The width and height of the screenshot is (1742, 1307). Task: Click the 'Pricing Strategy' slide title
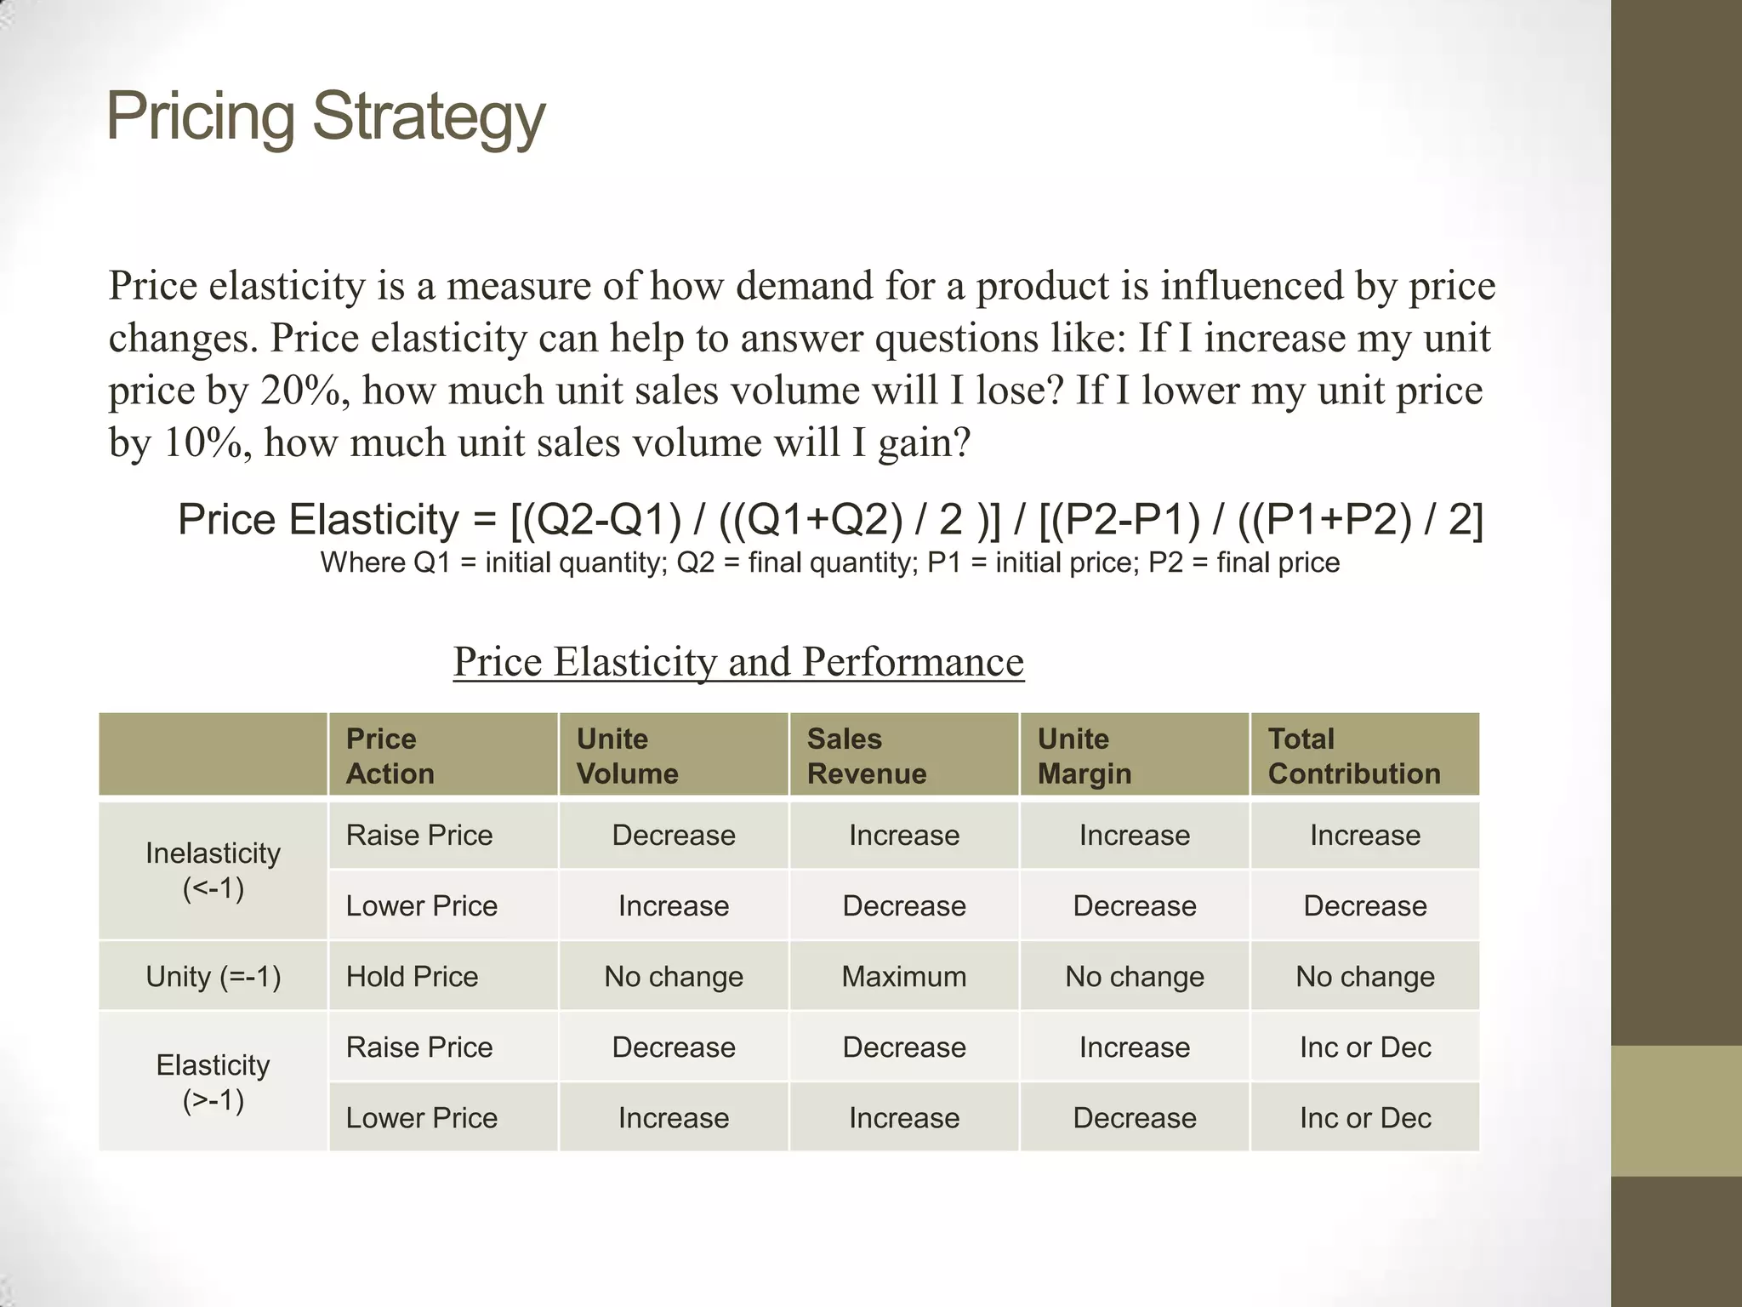[x=325, y=117]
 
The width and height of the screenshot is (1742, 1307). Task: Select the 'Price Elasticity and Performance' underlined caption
[x=738, y=661]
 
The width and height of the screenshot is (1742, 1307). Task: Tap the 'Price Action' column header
[x=390, y=756]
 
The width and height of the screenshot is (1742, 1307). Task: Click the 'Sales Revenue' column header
[x=866, y=756]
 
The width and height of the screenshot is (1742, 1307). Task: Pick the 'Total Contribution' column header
[x=1353, y=756]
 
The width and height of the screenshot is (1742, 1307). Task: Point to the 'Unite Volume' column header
[x=627, y=756]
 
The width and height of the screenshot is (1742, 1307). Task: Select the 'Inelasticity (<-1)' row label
[x=213, y=870]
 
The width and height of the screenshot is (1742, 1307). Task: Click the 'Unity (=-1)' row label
[x=213, y=976]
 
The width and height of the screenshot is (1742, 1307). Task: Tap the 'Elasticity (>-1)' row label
[x=213, y=1082]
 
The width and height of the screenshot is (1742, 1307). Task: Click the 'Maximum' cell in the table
[x=903, y=976]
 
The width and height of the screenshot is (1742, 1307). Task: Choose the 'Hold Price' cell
[x=412, y=976]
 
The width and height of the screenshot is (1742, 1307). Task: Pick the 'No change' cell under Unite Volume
[x=673, y=976]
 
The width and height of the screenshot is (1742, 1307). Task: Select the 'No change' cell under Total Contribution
[x=1364, y=976]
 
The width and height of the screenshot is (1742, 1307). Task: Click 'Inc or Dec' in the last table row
[x=1364, y=1117]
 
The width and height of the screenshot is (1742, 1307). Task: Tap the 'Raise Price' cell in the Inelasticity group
[x=418, y=835]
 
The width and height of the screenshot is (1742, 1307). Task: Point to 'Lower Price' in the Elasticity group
[x=421, y=1117]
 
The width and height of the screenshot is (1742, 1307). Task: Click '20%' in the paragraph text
[x=305, y=391]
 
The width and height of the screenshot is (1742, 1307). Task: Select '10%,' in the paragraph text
[x=208, y=442]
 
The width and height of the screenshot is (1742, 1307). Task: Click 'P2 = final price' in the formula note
[x=1244, y=562]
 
